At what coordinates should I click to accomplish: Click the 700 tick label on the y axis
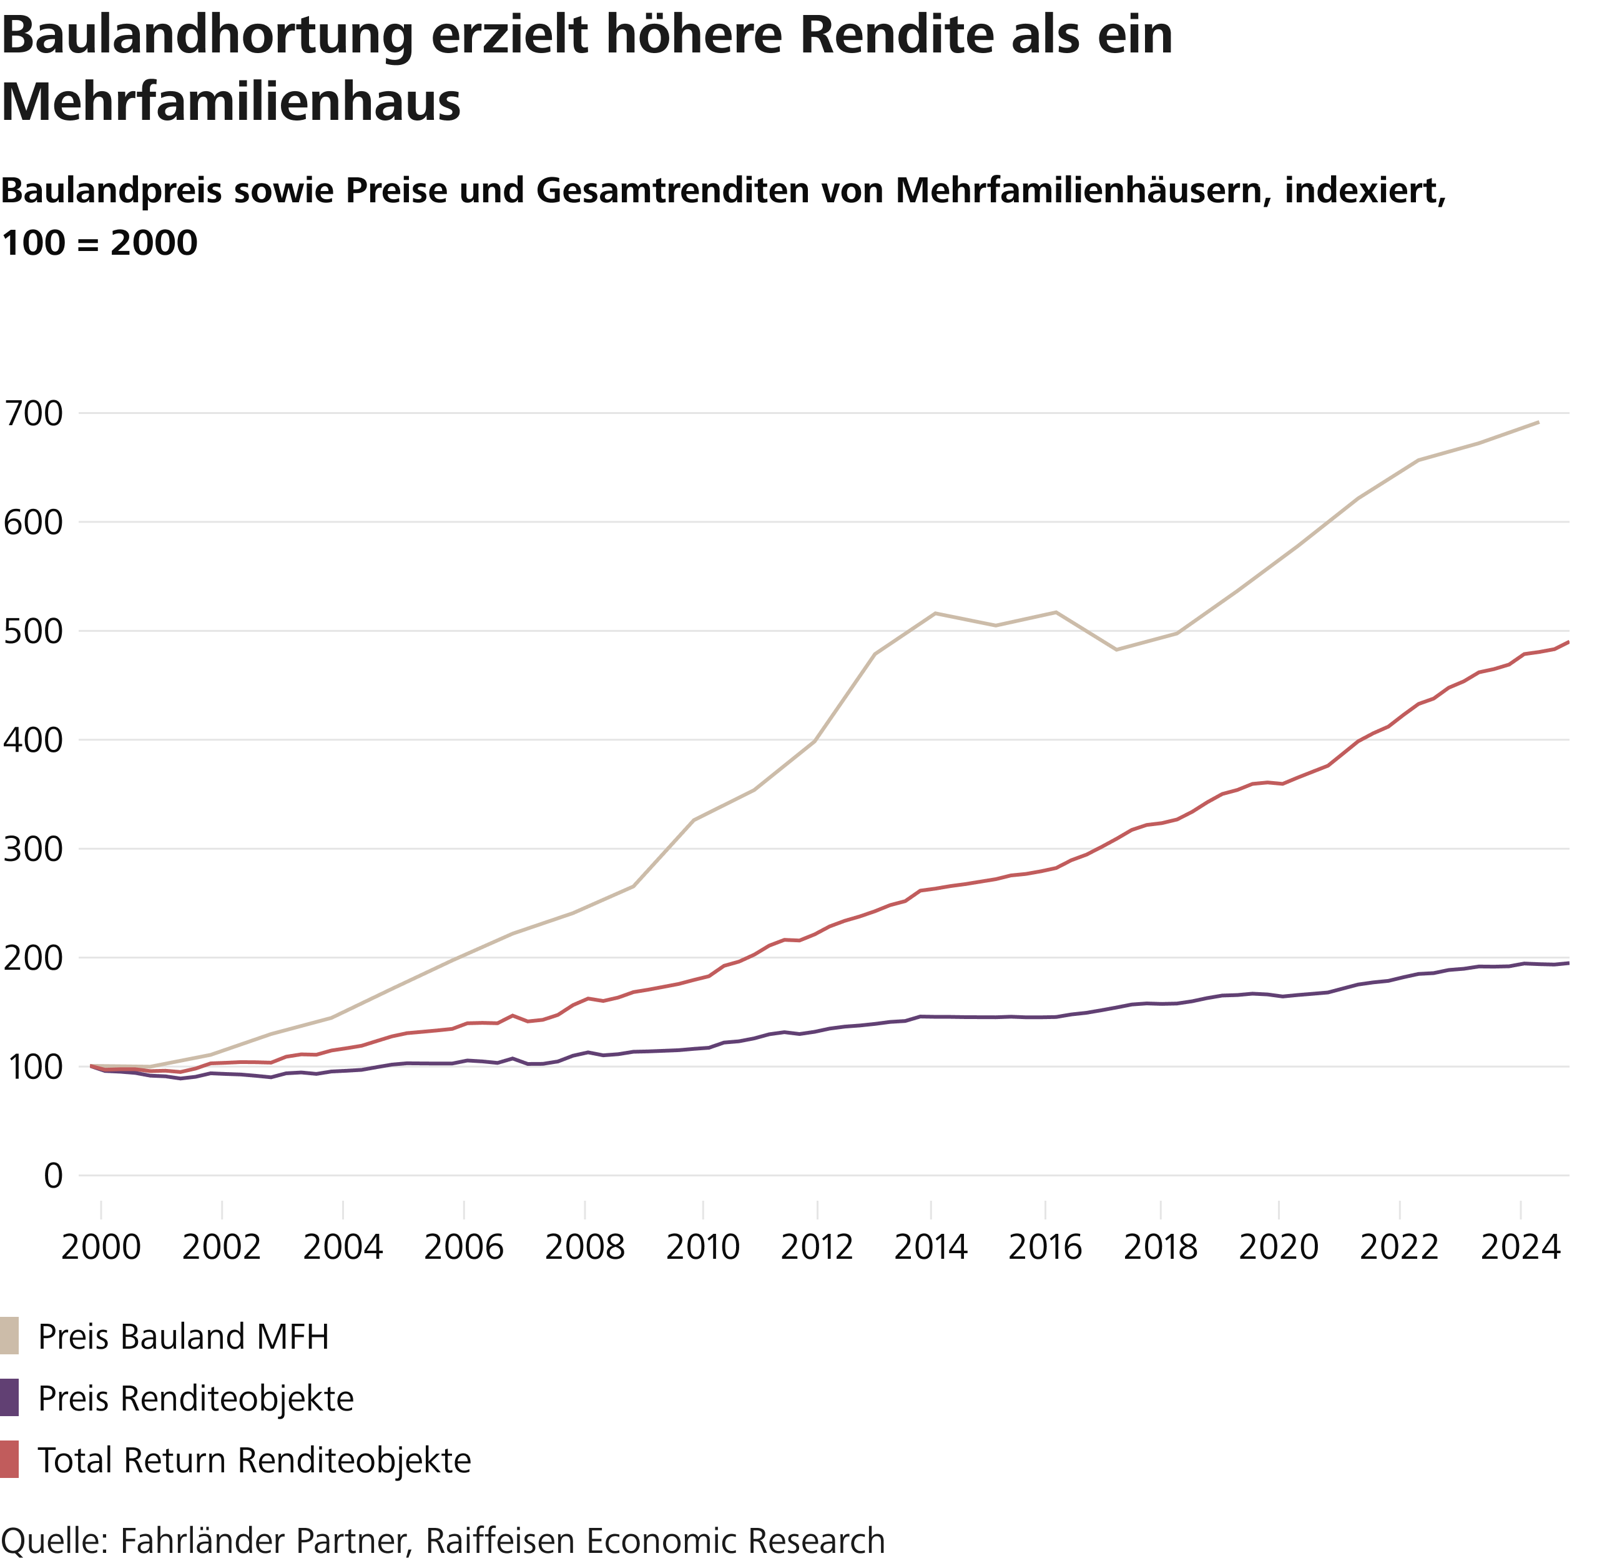coord(34,414)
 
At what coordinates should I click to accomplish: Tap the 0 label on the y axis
coord(54,1176)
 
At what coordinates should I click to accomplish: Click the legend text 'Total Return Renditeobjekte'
coord(254,1460)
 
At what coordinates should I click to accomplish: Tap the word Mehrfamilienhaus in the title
coord(231,102)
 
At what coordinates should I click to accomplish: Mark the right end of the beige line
coord(1538,423)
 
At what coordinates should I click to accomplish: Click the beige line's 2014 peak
coord(935,613)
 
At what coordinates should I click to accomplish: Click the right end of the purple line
coord(1568,963)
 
